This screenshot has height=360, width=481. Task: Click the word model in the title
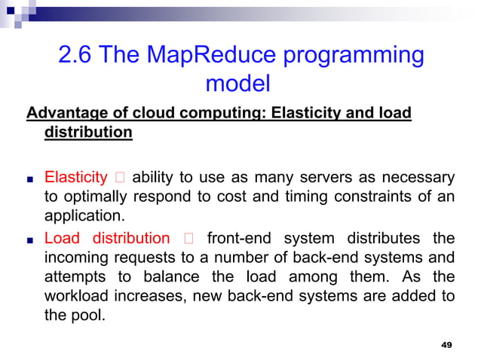point(237,84)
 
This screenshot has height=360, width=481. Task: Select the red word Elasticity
point(76,178)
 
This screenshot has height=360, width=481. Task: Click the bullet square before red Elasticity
point(29,180)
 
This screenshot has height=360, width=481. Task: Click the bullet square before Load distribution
point(29,239)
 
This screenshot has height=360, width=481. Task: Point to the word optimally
point(93,198)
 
